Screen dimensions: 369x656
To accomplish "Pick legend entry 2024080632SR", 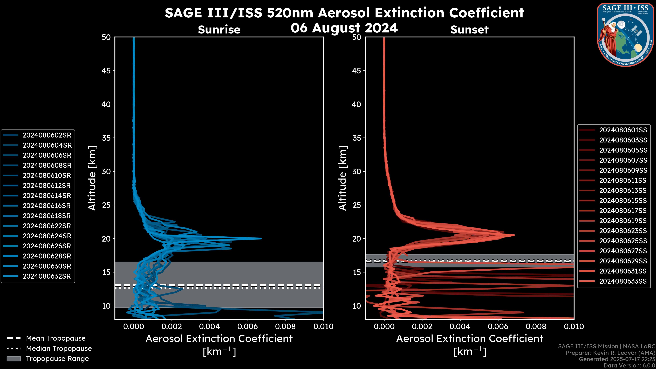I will pos(47,276).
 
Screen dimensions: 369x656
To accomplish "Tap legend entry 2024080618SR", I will pos(47,216).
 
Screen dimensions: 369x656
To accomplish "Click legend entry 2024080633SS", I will pos(623,281).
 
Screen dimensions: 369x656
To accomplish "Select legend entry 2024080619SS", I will pos(623,221).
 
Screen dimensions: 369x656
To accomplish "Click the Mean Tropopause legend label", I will pos(56,338).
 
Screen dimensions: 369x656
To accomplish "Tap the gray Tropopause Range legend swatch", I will pos(13,359).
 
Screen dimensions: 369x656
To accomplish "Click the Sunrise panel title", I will pos(219,30).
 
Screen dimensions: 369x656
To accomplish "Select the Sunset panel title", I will pos(469,30).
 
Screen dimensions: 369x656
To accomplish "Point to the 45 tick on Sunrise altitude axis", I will pos(106,71).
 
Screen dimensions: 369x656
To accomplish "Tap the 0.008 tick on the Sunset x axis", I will pos(536,326).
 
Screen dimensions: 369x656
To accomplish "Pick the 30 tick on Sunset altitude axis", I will pos(357,171).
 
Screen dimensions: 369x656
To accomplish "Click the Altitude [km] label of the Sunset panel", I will pos(343,178).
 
